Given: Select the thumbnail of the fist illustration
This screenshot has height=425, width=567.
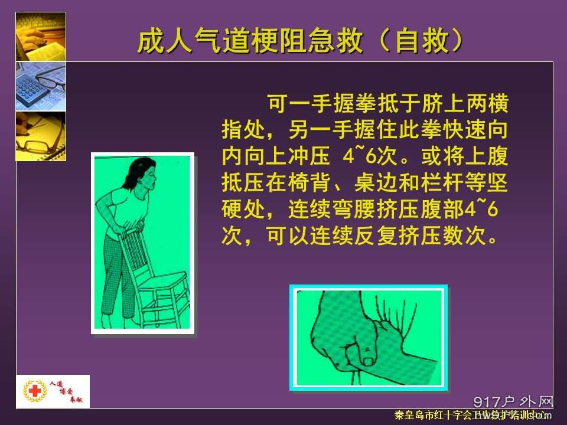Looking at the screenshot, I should click(x=368, y=337).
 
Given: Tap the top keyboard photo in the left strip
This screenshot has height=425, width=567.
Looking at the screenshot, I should click(x=40, y=36).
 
